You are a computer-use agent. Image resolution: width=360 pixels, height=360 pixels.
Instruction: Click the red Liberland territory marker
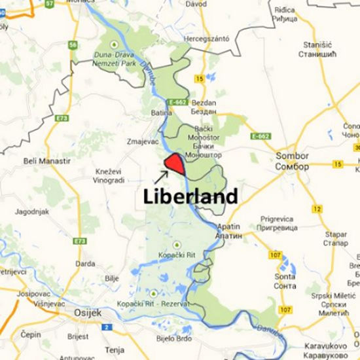coord(175,164)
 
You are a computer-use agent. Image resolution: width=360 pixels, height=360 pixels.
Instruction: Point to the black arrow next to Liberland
coord(161,175)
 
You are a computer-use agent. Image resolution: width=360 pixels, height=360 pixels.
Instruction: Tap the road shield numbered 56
coord(73,45)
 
